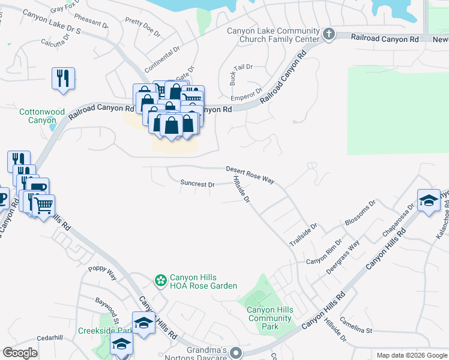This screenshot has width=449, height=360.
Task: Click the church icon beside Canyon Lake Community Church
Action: (x=328, y=34)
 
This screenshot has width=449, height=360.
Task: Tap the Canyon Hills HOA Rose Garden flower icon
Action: (x=160, y=280)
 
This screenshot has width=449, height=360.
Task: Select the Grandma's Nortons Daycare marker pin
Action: (x=237, y=352)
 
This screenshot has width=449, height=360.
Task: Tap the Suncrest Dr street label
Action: (x=197, y=184)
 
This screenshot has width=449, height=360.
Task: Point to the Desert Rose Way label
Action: (x=250, y=175)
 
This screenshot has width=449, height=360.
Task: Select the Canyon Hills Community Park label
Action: (x=270, y=318)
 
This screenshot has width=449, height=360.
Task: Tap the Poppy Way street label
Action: (x=102, y=274)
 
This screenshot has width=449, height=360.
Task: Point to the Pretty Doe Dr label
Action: (x=143, y=28)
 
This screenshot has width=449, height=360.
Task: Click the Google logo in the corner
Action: (x=20, y=353)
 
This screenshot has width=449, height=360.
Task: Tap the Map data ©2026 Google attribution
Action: (x=411, y=355)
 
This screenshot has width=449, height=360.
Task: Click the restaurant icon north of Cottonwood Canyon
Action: (x=62, y=79)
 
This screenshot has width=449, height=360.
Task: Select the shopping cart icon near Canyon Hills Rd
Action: (x=44, y=206)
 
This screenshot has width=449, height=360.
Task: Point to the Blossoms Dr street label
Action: (x=360, y=213)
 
